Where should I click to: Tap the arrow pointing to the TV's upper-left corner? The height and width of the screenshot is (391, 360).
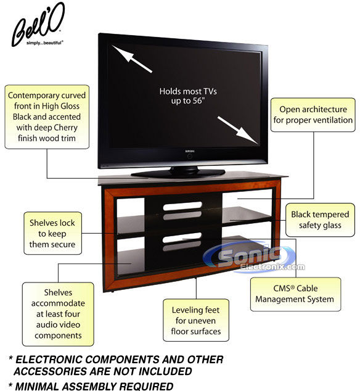click(x=131, y=59)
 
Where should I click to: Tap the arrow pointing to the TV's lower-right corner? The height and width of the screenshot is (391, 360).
click(x=238, y=130)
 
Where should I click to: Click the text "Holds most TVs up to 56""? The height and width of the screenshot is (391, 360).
click(x=188, y=96)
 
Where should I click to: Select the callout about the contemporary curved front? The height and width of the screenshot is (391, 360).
click(x=47, y=117)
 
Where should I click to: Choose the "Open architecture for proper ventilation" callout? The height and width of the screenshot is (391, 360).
click(x=313, y=115)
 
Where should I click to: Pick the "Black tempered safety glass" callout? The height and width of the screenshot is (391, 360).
click(x=320, y=220)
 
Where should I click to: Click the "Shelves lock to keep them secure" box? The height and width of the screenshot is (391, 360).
click(x=52, y=233)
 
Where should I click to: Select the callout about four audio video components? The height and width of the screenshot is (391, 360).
click(x=58, y=314)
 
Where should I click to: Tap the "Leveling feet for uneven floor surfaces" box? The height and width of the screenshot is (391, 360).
click(x=196, y=321)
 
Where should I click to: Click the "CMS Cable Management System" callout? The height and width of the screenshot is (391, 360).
click(x=295, y=294)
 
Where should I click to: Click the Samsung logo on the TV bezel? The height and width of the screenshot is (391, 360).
click(x=189, y=151)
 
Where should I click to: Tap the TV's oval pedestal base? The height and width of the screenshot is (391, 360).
click(x=178, y=173)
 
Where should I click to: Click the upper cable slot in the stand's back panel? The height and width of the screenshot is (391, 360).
click(x=182, y=206)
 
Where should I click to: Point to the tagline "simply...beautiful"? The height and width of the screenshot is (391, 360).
click(x=45, y=43)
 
